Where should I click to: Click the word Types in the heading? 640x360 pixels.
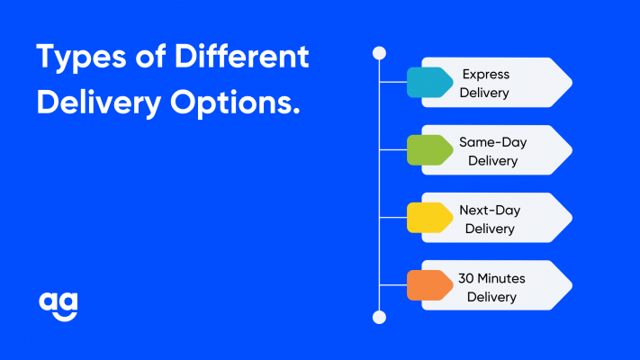point(81,58)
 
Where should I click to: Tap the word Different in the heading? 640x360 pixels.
point(241,56)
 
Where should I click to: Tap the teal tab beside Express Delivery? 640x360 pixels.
point(429,83)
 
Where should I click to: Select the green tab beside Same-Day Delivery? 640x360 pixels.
point(429,150)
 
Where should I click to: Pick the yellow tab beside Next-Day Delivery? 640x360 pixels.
point(429,218)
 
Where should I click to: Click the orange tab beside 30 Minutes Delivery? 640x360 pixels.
point(429,285)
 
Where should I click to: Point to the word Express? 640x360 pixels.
point(486,75)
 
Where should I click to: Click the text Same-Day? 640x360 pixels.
point(492,142)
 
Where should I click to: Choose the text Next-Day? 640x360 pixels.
point(490,211)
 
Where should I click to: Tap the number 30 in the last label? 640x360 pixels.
point(465,278)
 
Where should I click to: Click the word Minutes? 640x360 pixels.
point(501,278)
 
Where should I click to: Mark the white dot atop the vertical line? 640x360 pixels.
point(379,53)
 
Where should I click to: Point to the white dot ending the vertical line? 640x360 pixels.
point(379,317)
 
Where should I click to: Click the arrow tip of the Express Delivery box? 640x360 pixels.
point(572,83)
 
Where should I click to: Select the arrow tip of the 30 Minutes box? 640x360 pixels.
point(572,285)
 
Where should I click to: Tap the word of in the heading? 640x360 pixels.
point(150,56)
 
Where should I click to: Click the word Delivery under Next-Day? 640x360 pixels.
point(490,229)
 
